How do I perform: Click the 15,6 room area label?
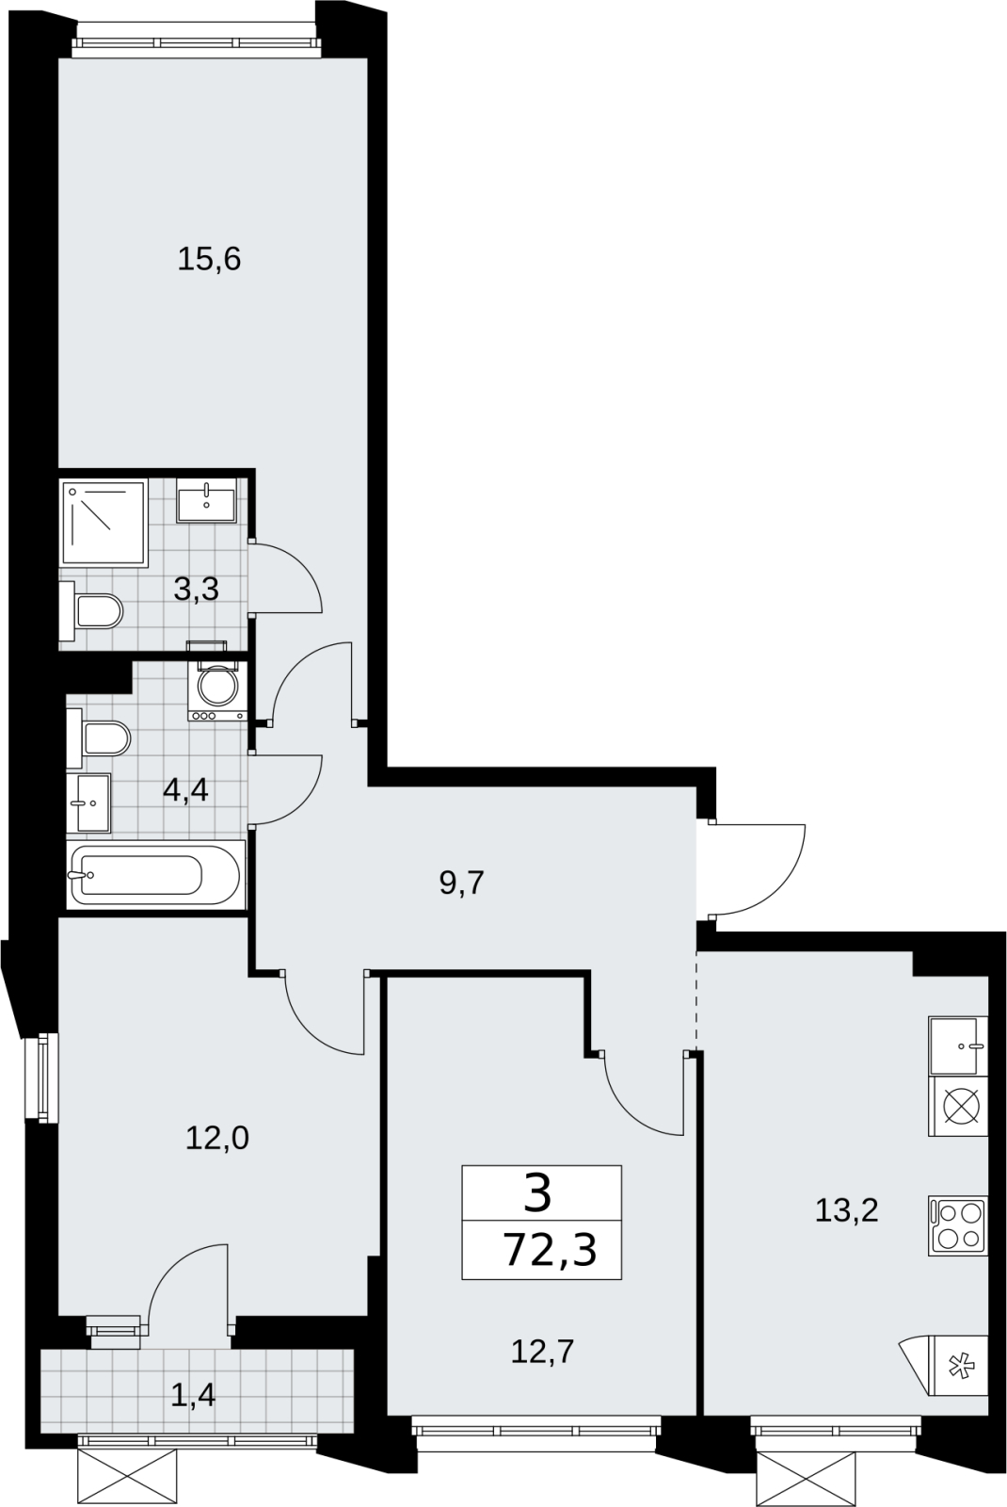click(x=209, y=259)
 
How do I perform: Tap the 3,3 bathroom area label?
click(x=197, y=590)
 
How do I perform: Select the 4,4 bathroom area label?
click(x=185, y=789)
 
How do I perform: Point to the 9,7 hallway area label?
click(x=462, y=883)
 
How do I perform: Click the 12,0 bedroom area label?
click(x=217, y=1139)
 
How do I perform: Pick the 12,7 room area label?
click(x=542, y=1352)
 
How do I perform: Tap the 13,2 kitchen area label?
click(x=846, y=1211)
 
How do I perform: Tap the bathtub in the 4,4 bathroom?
click(x=155, y=875)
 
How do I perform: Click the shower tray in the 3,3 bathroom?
click(x=104, y=524)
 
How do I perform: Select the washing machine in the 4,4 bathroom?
click(x=217, y=691)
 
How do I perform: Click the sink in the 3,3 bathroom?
click(x=206, y=500)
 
